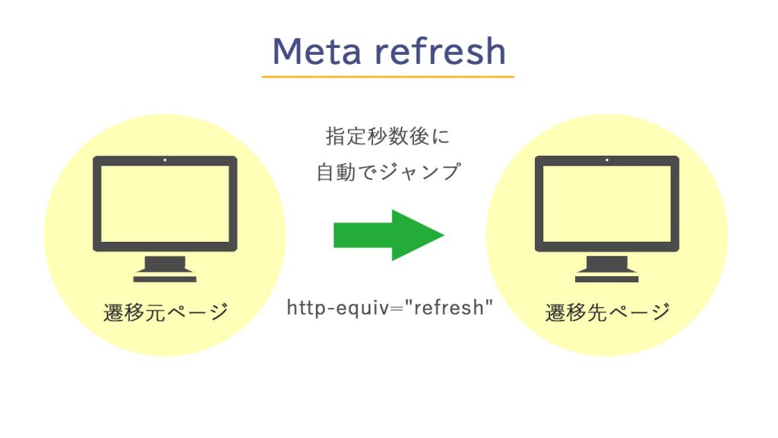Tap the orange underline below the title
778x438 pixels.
387,77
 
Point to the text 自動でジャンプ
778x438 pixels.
387,173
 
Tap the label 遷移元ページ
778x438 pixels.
166,312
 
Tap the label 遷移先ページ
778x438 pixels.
607,312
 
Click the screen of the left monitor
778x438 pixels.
165,203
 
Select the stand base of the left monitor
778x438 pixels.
165,278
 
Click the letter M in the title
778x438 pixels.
287,51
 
